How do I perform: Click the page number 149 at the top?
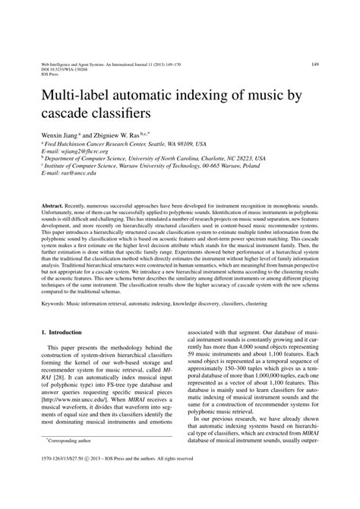314,65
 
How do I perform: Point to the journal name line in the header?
115,64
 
